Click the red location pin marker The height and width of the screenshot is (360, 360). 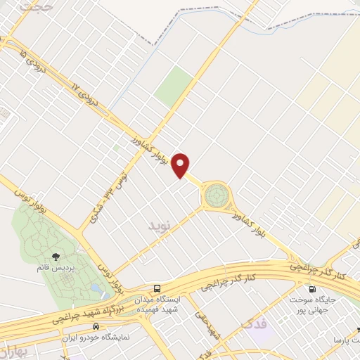pyautogui.click(x=182, y=164)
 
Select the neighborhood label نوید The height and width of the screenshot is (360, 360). pyautogui.click(x=160, y=226)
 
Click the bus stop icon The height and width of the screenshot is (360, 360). pyautogui.click(x=157, y=288)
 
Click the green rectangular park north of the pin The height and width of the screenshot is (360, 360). pyautogui.click(x=174, y=86)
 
